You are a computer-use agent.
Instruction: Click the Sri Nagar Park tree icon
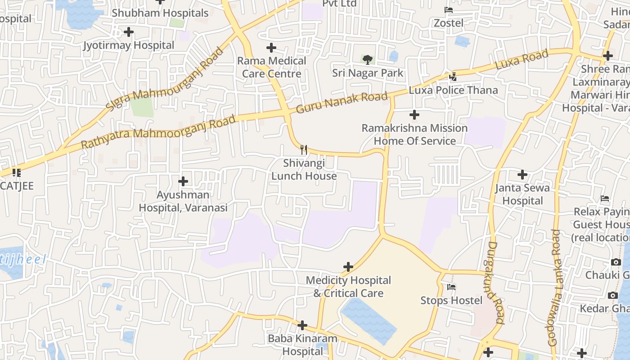368,59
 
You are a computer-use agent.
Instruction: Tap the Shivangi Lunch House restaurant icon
304,149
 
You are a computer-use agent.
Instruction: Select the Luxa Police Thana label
453,90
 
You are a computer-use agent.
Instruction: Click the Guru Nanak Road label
342,103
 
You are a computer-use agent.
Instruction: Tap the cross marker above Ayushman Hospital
183,181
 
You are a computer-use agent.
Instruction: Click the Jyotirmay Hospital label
129,45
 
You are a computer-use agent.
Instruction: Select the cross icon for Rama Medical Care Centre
271,48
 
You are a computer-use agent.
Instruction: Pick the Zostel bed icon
448,9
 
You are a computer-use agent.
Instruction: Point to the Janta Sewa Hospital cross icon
522,175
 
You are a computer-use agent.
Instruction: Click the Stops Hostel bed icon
451,287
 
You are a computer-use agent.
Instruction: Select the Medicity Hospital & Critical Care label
348,287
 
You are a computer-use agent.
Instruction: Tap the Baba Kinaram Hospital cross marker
302,325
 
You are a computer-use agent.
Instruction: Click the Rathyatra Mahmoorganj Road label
158,132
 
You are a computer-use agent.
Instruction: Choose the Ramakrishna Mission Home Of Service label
414,135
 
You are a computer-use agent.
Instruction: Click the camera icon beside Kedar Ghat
613,296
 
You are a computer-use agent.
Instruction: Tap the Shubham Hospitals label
160,13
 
